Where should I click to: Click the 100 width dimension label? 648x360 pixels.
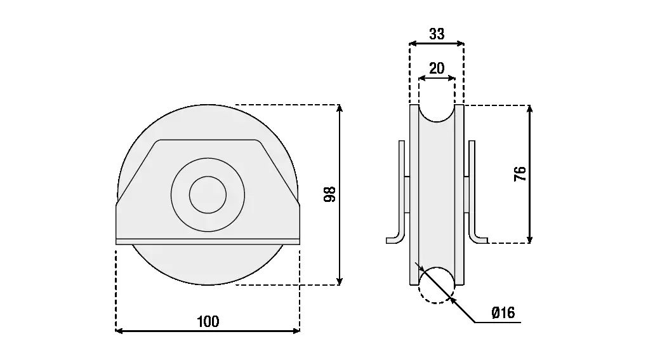[x=208, y=321]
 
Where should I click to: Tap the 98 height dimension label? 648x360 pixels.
[x=329, y=194]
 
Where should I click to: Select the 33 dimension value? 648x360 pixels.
[x=437, y=34]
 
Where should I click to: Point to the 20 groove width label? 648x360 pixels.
[x=437, y=68]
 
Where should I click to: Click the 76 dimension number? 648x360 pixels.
[x=520, y=173]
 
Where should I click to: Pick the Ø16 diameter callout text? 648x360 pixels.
[x=503, y=313]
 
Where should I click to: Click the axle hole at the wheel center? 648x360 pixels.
[x=208, y=195]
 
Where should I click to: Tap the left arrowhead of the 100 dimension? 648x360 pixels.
[x=119, y=331]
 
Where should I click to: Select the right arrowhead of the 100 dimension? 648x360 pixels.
[x=296, y=331]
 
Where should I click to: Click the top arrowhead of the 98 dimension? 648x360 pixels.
[x=340, y=109]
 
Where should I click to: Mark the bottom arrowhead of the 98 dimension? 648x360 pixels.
[x=340, y=281]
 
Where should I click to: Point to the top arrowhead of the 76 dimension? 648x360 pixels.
[x=530, y=109]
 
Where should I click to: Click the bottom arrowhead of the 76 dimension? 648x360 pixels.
[x=530, y=239]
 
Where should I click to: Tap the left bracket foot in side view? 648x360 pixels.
[x=395, y=239]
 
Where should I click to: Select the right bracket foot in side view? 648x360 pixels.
[x=479, y=239]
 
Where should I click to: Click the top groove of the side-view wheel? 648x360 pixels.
[x=437, y=113]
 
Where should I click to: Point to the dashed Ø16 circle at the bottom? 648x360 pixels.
[x=437, y=285]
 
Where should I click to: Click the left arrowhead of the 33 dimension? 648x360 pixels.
[x=413, y=43]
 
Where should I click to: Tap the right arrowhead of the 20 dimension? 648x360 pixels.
[x=452, y=77]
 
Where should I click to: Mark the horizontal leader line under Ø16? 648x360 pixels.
[x=498, y=322]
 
